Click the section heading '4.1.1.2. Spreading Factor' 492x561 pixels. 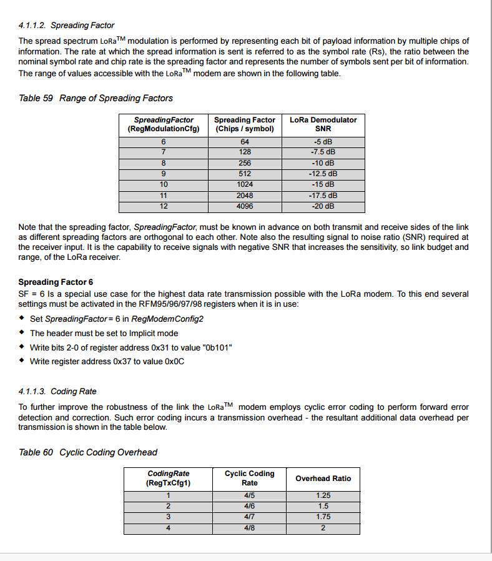click(66, 26)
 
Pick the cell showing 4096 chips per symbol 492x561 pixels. click(245, 206)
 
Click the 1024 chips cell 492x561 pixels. click(245, 184)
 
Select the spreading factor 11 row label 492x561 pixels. click(164, 196)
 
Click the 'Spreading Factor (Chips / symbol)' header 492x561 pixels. click(245, 124)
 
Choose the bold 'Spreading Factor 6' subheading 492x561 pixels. click(56, 282)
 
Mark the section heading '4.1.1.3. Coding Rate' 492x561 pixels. click(57, 392)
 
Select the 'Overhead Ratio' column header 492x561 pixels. click(323, 479)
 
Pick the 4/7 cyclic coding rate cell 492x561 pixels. click(249, 517)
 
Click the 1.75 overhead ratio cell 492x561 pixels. click(323, 517)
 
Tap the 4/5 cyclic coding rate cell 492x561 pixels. click(249, 495)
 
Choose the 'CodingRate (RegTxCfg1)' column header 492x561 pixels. click(168, 479)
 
